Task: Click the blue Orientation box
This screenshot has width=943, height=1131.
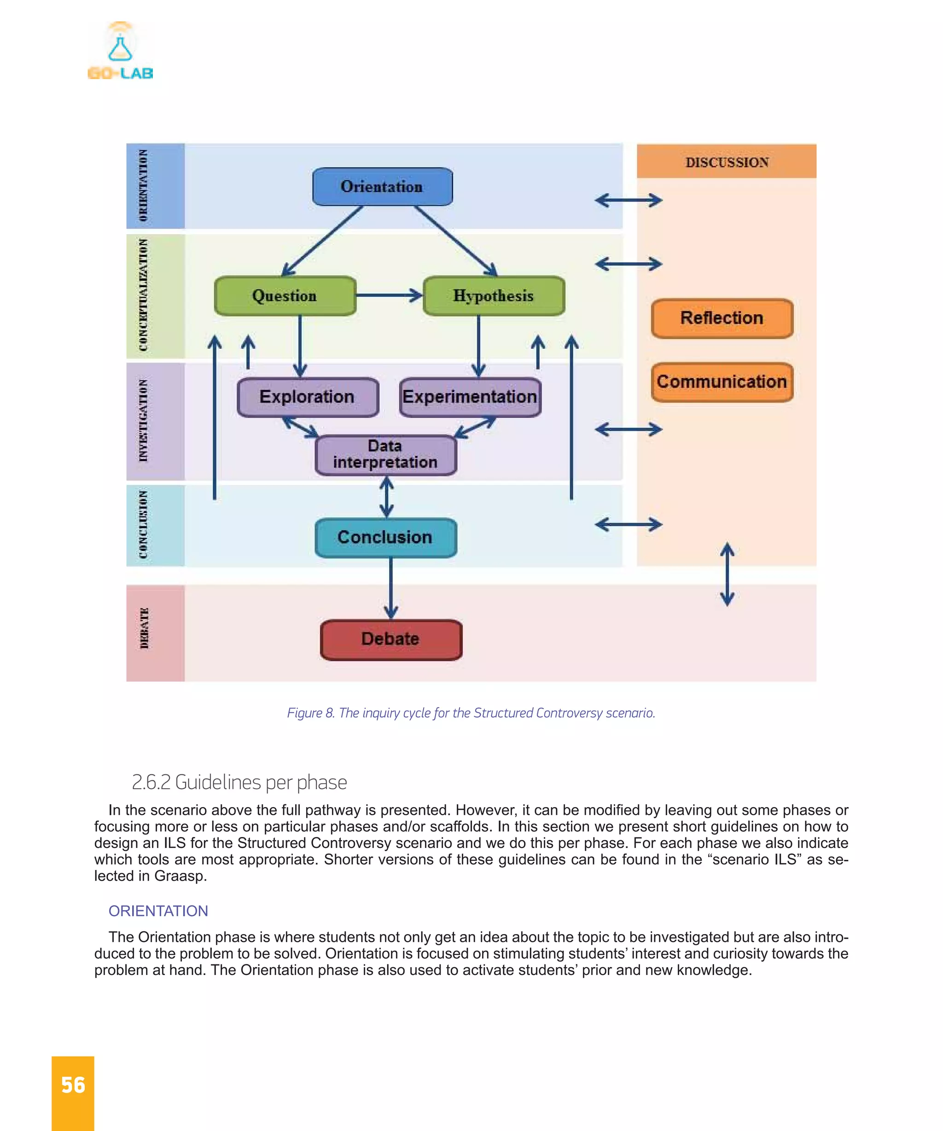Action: tap(382, 187)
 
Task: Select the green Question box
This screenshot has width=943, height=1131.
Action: tap(285, 296)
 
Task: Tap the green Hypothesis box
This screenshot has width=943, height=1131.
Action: tap(494, 296)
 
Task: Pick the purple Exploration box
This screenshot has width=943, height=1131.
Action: tap(307, 397)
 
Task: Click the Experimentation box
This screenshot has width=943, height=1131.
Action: tap(469, 397)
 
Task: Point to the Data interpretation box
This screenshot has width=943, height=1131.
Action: tap(385, 455)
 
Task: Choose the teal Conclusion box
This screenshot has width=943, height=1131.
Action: tap(385, 537)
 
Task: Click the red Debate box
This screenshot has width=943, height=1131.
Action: tap(390, 639)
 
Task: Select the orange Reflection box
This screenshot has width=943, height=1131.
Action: tap(722, 318)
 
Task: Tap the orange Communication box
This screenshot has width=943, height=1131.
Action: tap(722, 382)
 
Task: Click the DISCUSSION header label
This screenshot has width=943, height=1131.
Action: tap(727, 162)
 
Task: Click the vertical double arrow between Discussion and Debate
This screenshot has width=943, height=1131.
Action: tap(727, 574)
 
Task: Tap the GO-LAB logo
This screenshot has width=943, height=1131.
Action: tap(120, 52)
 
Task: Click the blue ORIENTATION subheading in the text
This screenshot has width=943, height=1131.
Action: tap(158, 911)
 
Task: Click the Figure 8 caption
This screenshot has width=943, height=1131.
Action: tap(471, 713)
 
